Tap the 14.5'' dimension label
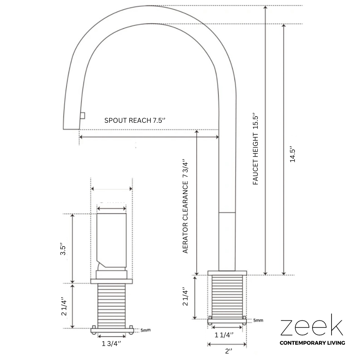[x=293, y=154]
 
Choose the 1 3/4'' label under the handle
[x=112, y=343]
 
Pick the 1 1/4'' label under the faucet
[x=224, y=335]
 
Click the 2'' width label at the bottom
[x=228, y=351]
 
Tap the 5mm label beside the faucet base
[x=258, y=320]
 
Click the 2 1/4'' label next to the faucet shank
[x=185, y=296]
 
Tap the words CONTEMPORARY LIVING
[x=312, y=343]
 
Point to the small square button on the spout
[x=82, y=115]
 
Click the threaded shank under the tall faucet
[x=227, y=297]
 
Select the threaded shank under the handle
[x=112, y=306]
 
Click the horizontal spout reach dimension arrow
[x=149, y=137]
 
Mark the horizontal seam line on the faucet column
[x=227, y=213]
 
